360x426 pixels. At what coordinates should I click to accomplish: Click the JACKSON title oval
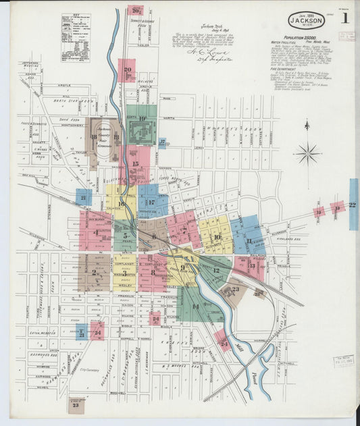(x=307, y=20)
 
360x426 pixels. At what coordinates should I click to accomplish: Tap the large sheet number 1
(x=345, y=18)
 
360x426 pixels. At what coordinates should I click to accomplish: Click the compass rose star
(x=307, y=153)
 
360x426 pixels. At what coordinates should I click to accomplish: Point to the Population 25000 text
(x=303, y=38)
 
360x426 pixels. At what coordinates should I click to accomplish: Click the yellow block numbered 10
(x=215, y=237)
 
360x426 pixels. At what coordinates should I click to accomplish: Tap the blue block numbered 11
(x=249, y=240)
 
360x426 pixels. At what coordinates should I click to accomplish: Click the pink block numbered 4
(x=95, y=232)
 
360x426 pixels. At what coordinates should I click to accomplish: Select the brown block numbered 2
(x=95, y=273)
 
